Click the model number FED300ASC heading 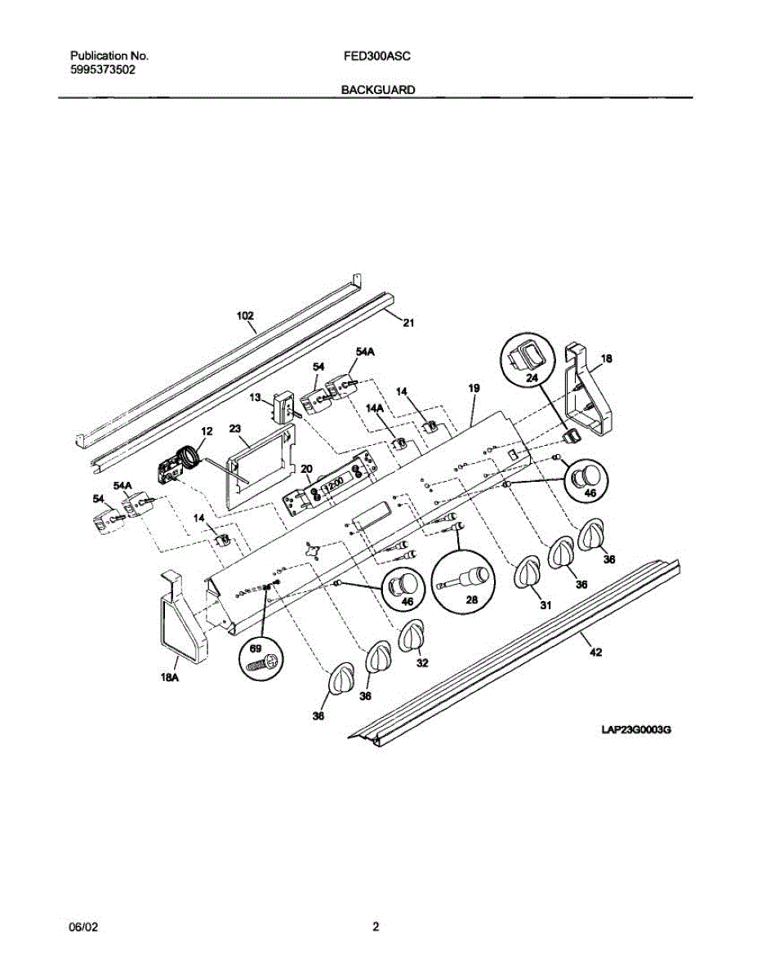tap(378, 56)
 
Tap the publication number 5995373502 tap(103, 70)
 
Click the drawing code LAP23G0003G tap(635, 728)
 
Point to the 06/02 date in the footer tap(86, 927)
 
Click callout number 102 tap(245, 315)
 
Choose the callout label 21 tap(408, 323)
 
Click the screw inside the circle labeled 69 tap(264, 664)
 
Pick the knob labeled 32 tap(412, 636)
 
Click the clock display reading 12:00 tap(332, 487)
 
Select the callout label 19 tap(474, 389)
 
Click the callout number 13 tap(256, 398)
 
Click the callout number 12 tap(206, 430)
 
